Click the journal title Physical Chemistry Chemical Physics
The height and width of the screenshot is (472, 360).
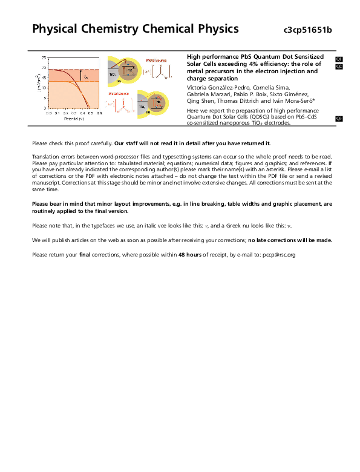tap(135, 29)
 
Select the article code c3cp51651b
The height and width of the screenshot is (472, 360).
tap(308, 30)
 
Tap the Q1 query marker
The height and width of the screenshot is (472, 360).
tap(339, 59)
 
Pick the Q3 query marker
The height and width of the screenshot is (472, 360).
tap(339, 118)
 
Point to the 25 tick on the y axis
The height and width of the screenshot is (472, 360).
tap(44, 58)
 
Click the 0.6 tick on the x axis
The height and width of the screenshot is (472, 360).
tap(99, 113)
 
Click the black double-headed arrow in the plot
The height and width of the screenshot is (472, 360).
tap(80, 76)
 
